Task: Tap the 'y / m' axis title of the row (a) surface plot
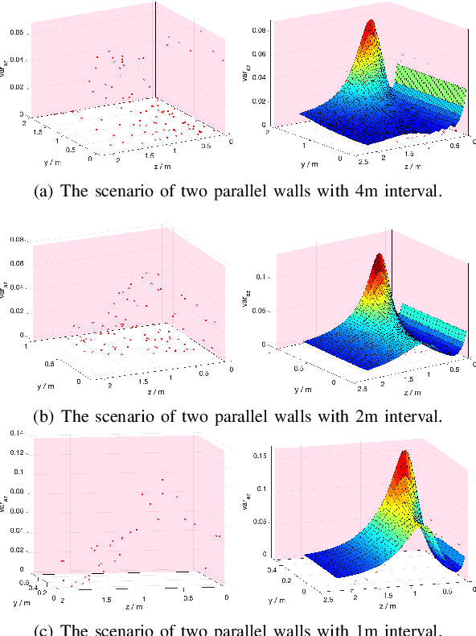click(x=307, y=164)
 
